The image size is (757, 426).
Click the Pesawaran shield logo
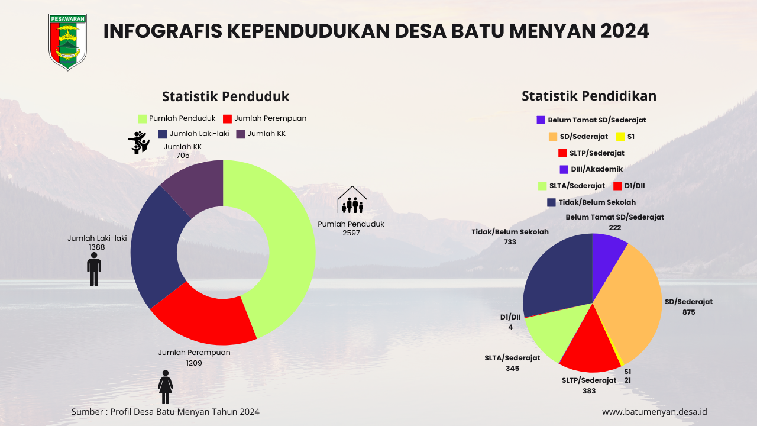click(x=67, y=41)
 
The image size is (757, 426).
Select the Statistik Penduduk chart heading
click(x=225, y=96)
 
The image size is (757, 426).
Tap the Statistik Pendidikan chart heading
click(x=588, y=96)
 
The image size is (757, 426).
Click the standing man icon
click(x=94, y=270)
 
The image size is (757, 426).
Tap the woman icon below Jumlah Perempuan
click(x=166, y=387)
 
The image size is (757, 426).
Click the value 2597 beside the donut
click(x=351, y=233)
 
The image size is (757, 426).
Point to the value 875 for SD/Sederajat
click(x=688, y=312)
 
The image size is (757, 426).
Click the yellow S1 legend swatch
click(x=620, y=137)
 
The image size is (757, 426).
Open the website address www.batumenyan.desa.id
click(x=654, y=412)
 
